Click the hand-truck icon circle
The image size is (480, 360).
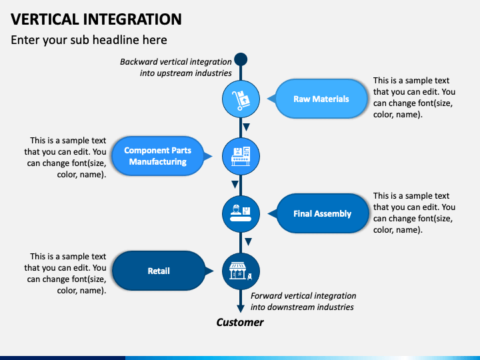[241, 99]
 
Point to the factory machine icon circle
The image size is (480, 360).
[241, 157]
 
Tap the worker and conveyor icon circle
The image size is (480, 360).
[241, 214]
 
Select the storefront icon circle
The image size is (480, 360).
[241, 271]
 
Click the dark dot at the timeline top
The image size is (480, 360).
[241, 59]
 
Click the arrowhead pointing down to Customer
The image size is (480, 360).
[241, 308]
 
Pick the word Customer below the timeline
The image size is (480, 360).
[240, 322]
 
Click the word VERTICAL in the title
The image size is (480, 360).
[45, 19]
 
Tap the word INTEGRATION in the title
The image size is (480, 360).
[133, 19]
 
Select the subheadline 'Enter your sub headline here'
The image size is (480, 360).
[89, 40]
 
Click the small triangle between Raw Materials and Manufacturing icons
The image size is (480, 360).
[246, 127]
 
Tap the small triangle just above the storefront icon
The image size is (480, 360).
[248, 242]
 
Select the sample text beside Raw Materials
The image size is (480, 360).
[414, 97]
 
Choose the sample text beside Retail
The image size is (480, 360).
[65, 273]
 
